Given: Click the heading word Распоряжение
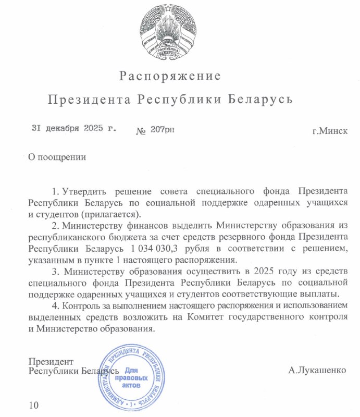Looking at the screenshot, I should coord(170,76).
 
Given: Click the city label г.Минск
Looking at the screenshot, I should coord(329,130).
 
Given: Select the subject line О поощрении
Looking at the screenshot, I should coord(57,155).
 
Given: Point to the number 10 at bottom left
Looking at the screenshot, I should coord(34,405).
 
